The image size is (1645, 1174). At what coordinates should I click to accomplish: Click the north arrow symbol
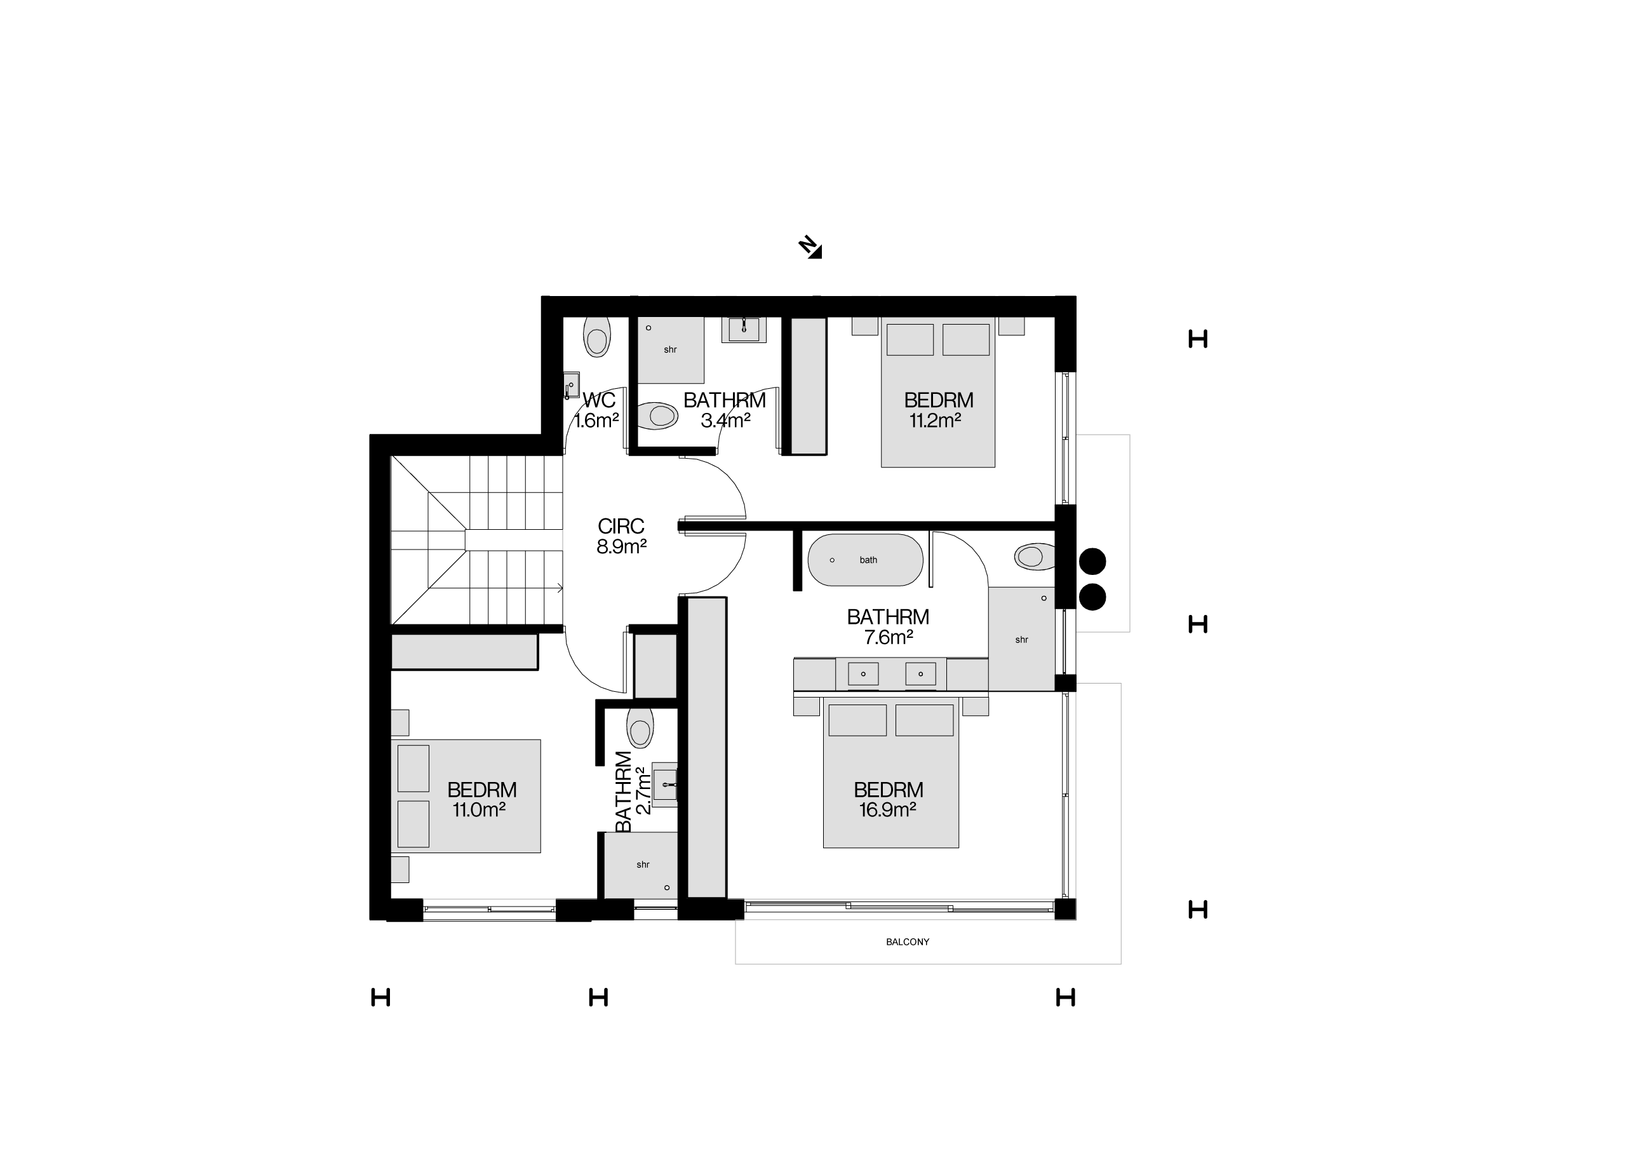pos(810,247)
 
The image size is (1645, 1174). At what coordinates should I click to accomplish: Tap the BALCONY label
pos(907,942)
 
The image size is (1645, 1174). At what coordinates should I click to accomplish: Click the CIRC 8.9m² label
pos(621,536)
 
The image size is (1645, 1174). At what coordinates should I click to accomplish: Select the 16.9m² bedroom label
pos(889,800)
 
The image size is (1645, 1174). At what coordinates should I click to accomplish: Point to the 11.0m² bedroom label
pos(481,800)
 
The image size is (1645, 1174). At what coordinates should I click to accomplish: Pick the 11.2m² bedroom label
pos(938,410)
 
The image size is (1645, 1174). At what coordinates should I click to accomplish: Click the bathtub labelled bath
pos(865,560)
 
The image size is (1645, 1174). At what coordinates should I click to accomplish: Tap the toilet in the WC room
pos(597,337)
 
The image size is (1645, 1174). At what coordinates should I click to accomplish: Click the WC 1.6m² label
pos(597,410)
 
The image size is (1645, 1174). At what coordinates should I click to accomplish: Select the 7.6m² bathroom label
pos(889,627)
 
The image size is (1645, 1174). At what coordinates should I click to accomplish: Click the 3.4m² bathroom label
pos(724,410)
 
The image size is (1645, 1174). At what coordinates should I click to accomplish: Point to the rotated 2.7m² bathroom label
pos(633,792)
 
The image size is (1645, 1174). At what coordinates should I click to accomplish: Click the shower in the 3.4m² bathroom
pos(670,350)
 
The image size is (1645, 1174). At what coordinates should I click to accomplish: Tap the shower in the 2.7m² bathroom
pos(640,865)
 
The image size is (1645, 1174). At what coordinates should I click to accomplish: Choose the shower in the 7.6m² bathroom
pos(1021,639)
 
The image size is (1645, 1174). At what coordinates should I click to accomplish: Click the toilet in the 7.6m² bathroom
pos(1034,557)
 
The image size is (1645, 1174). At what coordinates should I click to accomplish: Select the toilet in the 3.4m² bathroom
pos(658,415)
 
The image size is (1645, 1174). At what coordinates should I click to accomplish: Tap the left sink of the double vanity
pos(863,674)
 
